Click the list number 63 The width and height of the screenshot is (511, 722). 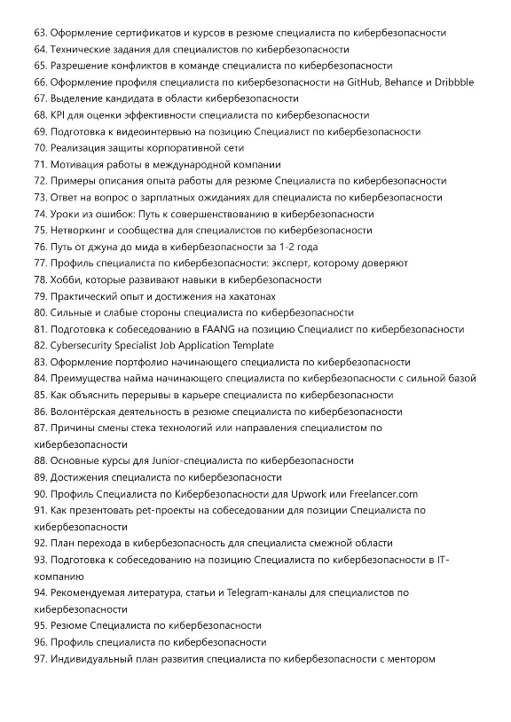point(39,33)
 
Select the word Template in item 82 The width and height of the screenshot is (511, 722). point(250,345)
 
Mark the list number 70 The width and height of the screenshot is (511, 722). point(39,147)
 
